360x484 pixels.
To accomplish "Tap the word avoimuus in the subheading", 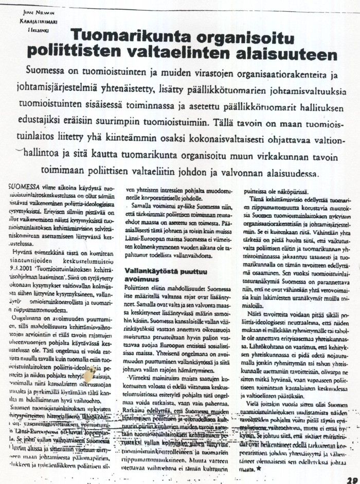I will (142, 277).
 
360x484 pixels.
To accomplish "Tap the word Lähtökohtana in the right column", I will (266, 347).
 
